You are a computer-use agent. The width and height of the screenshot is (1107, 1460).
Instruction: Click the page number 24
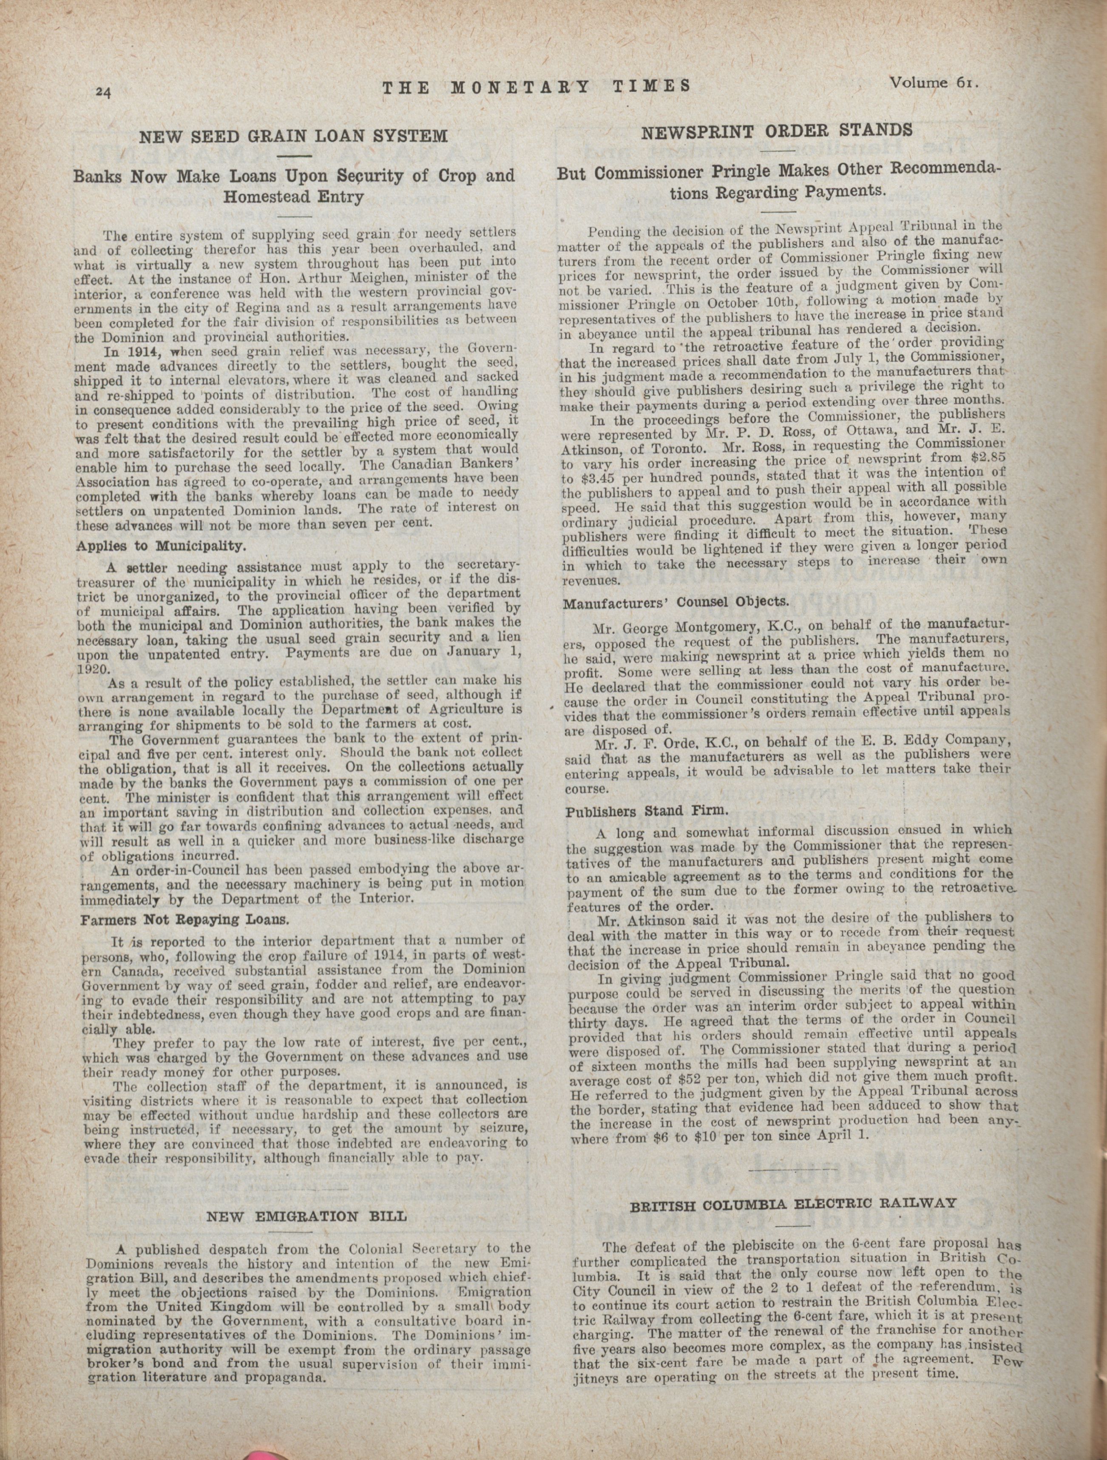point(104,92)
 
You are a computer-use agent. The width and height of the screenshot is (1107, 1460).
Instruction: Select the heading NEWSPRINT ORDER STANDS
point(777,129)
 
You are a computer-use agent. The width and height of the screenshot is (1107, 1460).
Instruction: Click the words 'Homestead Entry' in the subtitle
point(294,197)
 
